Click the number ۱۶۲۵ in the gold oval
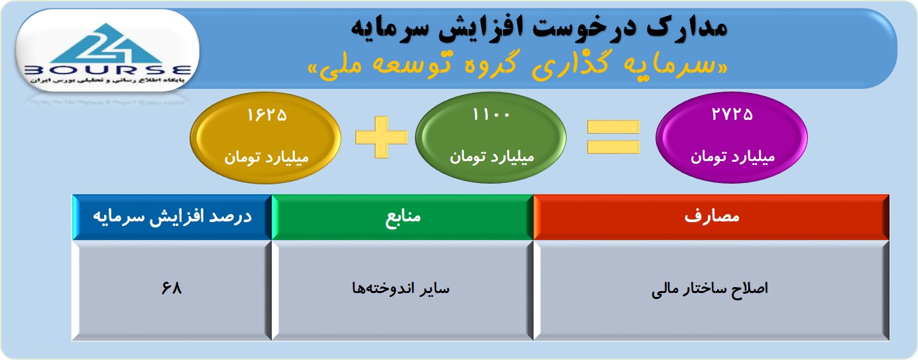point(266,115)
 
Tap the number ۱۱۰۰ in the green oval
point(491,115)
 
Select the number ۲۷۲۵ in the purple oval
point(732,114)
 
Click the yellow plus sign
point(381,137)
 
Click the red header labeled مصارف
point(711,217)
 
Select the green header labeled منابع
point(402,217)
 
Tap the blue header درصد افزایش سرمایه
point(172,217)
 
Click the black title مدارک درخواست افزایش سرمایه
point(540,29)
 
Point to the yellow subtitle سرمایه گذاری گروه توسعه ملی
point(518,65)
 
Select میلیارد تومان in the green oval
point(492,157)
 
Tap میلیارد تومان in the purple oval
point(733,157)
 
